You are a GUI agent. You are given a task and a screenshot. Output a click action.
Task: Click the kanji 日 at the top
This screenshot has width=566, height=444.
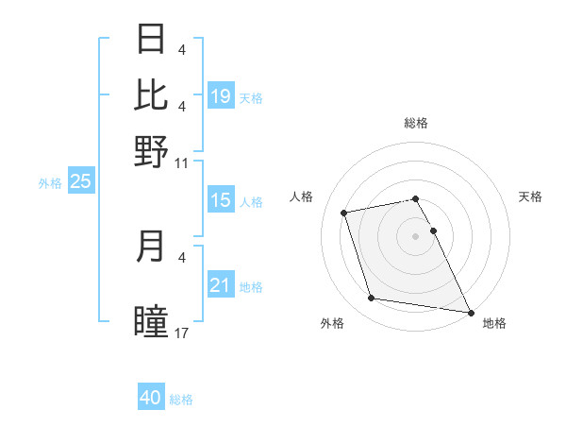pos(152,41)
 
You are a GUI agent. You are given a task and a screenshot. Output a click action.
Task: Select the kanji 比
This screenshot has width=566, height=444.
pos(152,94)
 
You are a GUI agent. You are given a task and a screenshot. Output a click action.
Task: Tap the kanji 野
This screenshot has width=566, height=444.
pos(152,151)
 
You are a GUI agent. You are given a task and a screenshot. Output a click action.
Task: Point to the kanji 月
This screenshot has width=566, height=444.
pos(152,247)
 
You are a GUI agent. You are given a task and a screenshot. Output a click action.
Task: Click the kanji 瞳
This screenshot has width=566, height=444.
pos(152,321)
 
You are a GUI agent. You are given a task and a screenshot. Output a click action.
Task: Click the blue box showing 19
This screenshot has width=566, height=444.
pos(221,96)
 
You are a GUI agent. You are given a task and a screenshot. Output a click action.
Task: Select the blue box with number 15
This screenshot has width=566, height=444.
pos(221,200)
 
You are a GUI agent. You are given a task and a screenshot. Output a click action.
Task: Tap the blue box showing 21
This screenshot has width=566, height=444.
pos(221,285)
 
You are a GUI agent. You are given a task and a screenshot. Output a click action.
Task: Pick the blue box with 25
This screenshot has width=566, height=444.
pos(80,182)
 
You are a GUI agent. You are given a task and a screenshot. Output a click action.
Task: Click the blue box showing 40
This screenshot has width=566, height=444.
pos(151,398)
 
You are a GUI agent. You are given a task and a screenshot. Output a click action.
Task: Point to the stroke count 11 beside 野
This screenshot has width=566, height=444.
pos(182,163)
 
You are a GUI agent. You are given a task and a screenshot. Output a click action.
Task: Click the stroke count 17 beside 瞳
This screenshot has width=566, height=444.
pos(182,333)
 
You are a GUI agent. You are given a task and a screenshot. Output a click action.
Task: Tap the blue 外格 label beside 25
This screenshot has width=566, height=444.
pos(50,183)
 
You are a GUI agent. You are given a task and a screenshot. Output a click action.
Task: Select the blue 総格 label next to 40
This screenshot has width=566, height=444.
pos(181,400)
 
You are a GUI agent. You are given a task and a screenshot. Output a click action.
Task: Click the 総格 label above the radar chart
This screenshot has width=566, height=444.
pos(416,123)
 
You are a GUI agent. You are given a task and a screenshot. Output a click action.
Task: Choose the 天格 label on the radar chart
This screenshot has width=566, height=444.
pos(531,196)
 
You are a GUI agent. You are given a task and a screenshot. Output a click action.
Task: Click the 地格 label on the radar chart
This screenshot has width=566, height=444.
pos(494,324)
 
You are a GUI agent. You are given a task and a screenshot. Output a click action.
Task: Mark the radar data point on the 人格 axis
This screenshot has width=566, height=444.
pos(344,212)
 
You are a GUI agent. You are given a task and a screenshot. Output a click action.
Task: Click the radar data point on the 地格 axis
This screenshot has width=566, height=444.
pos(470,312)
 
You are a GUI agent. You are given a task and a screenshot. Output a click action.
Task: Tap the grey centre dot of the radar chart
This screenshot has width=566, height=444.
pos(416,235)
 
